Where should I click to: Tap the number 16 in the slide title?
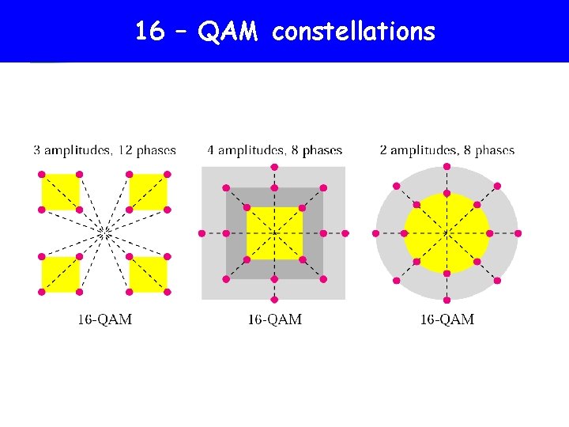[x=150, y=32]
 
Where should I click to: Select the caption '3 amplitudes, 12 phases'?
[x=104, y=149]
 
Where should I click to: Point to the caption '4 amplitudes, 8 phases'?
[x=274, y=149]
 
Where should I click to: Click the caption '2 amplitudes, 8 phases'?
[x=447, y=149]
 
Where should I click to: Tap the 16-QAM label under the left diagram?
[x=104, y=319]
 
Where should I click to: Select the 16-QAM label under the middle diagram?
[x=274, y=319]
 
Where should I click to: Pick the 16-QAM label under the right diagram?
[x=447, y=319]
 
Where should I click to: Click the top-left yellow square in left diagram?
[x=60, y=192]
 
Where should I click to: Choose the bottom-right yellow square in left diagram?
[x=148, y=274]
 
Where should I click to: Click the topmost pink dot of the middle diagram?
[x=274, y=167]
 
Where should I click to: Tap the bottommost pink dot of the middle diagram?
[x=274, y=300]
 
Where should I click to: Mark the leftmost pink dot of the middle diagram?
[x=202, y=233]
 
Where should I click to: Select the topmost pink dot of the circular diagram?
[x=447, y=166]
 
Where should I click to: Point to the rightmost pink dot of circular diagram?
[x=518, y=233]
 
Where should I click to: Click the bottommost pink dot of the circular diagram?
[x=447, y=300]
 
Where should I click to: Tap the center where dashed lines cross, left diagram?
[x=104, y=232]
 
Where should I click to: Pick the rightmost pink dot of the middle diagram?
[x=346, y=233]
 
